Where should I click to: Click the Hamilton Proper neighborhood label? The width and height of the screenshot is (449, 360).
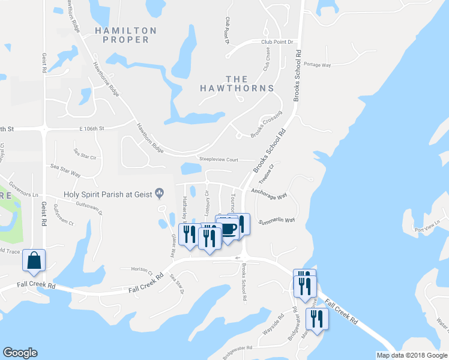[x=125, y=35]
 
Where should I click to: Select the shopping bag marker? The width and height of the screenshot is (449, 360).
[x=34, y=262]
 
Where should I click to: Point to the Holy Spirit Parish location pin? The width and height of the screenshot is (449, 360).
[x=160, y=193]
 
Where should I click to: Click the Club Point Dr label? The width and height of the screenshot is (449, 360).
[x=277, y=42]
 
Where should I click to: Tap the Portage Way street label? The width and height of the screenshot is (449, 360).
[x=318, y=64]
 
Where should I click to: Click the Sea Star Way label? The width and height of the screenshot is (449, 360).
[x=65, y=170]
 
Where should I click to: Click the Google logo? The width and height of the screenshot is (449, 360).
[x=20, y=353]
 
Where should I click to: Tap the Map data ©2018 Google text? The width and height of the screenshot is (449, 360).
[x=411, y=355]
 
